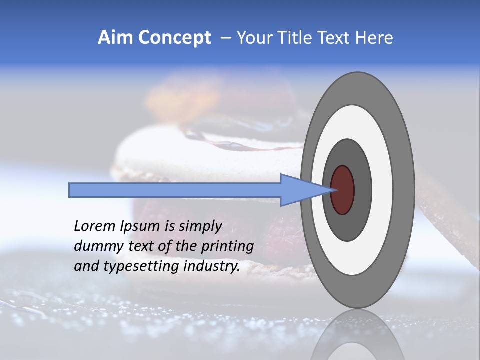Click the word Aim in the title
115,37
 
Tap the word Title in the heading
290,37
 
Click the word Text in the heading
333,37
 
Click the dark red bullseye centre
342,190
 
